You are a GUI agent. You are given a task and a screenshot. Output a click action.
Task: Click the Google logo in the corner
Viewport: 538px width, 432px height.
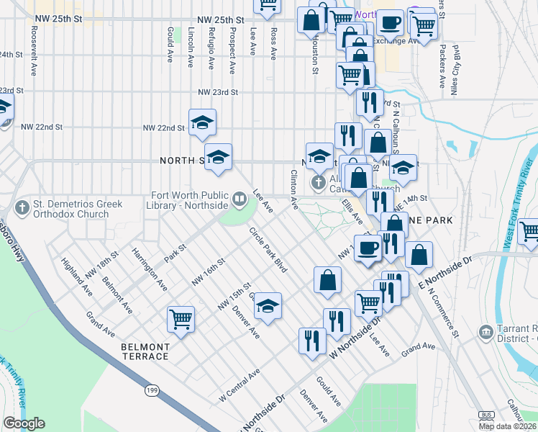(x=24, y=423)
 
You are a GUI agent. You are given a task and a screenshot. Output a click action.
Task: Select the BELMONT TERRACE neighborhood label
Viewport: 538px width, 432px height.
(x=145, y=351)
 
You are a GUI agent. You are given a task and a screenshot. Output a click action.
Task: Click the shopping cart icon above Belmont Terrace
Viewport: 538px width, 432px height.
(x=181, y=318)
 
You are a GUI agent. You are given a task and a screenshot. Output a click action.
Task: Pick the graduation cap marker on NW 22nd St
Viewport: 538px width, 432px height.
(x=202, y=122)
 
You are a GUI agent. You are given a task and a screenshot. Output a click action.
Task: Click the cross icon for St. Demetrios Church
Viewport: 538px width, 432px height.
(x=23, y=207)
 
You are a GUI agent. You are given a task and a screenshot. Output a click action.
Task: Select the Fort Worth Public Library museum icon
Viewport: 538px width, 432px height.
(x=240, y=197)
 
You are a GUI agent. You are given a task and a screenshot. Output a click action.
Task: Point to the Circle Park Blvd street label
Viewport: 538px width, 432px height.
(x=268, y=250)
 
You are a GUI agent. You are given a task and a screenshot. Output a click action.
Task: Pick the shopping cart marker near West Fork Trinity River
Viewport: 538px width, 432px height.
(x=529, y=232)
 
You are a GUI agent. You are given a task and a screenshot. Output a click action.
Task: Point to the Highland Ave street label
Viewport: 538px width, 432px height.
(x=77, y=277)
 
